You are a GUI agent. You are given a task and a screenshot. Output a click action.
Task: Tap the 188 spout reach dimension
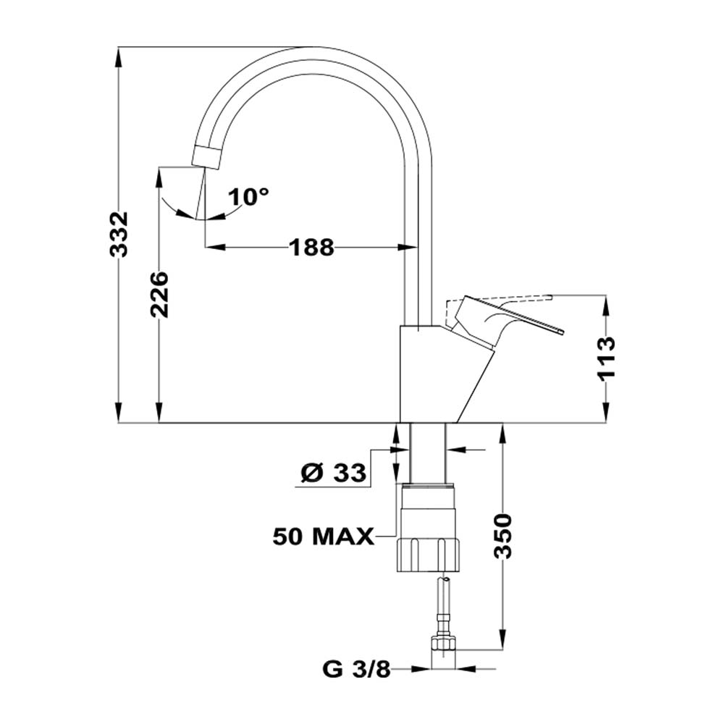click(x=312, y=248)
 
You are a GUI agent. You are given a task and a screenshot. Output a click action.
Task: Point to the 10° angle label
click(x=248, y=196)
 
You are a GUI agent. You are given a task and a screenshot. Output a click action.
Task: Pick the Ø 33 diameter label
click(x=333, y=474)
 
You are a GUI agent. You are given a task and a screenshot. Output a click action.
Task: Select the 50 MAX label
click(x=323, y=536)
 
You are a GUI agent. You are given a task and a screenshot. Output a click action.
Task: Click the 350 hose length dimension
click(x=502, y=536)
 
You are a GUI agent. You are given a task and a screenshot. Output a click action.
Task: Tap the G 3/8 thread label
click(x=356, y=670)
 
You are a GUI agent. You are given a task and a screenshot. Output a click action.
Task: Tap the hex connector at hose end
click(x=443, y=642)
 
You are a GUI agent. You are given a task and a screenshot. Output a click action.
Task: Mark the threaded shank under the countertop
click(x=428, y=452)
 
